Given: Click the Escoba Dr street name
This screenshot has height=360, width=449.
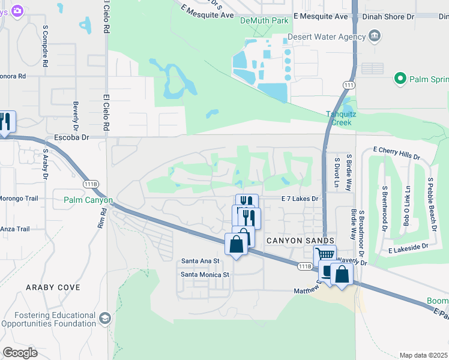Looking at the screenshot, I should tap(71, 137).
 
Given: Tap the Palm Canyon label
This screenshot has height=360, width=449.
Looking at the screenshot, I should tap(88, 200).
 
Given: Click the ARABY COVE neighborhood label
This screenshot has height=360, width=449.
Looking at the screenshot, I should tap(53, 287).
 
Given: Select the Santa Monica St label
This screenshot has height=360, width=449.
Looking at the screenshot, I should tap(205, 275).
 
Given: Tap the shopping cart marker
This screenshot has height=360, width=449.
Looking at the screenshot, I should tap(325, 255).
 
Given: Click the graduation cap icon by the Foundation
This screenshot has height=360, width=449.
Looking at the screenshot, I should tap(105, 318).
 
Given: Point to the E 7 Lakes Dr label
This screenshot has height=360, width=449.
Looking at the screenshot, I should tap(299, 198).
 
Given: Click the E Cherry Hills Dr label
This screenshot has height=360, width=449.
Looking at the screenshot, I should tap(396, 152).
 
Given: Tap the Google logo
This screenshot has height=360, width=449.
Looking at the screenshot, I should tap(20, 352).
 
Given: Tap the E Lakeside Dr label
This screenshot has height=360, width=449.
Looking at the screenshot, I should tap(408, 247).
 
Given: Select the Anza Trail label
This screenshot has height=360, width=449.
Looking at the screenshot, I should tap(14, 229).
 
